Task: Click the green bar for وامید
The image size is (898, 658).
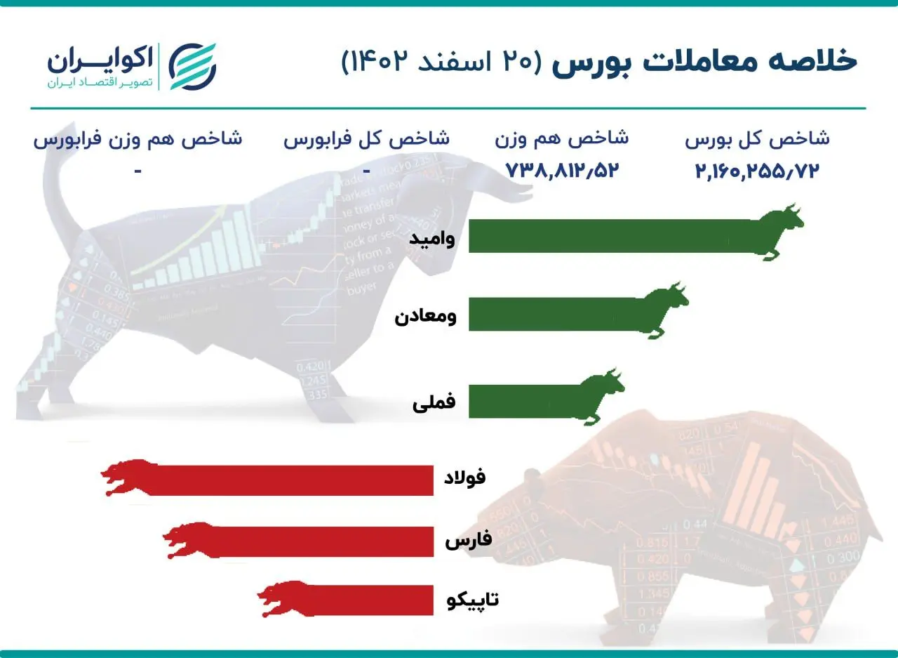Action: (610, 236)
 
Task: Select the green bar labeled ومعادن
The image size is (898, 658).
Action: (554, 313)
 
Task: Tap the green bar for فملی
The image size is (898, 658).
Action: (523, 401)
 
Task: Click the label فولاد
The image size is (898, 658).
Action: (465, 478)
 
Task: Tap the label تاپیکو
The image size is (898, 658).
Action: (473, 600)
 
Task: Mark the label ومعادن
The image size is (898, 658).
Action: (425, 317)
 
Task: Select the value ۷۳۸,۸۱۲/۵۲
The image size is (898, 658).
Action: (561, 171)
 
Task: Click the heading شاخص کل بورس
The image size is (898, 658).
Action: (757, 138)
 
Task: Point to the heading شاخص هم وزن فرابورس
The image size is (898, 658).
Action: (138, 138)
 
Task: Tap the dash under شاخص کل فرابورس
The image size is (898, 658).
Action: (366, 171)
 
